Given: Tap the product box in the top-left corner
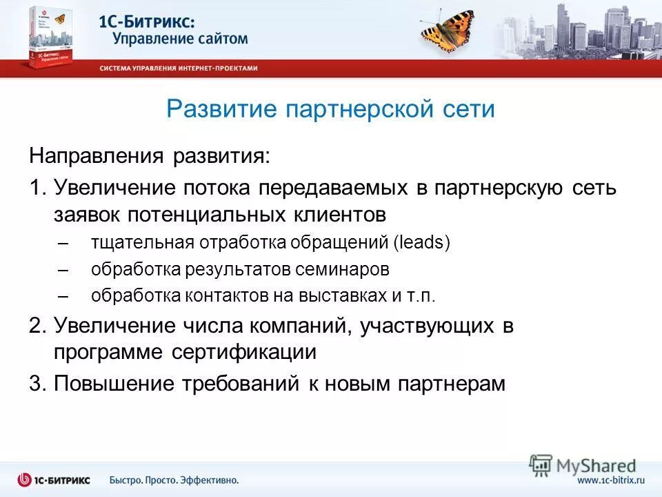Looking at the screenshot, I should coord(50,38).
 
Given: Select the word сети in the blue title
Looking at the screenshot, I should coord(468,109).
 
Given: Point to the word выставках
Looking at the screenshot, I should coord(336,295).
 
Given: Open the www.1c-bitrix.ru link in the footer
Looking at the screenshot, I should coord(610,480).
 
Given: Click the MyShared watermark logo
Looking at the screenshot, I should coord(583,465).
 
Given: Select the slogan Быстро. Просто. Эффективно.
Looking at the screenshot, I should coord(174,480).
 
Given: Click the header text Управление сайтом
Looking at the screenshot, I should coord(180,39).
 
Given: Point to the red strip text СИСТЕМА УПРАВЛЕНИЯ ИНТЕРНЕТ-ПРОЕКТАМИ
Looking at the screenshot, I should coord(179,68).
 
